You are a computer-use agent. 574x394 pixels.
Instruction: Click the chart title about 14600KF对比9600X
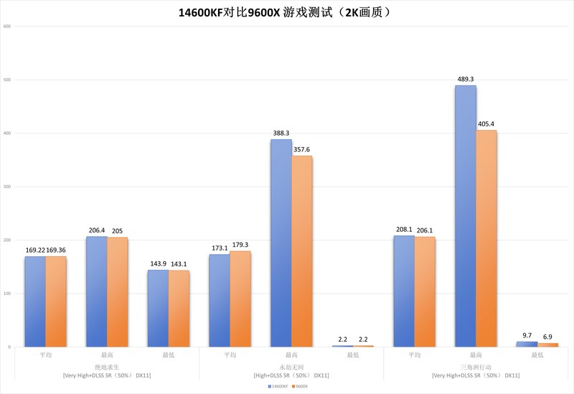pos(286,12)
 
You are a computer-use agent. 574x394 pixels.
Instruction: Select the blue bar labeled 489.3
pos(465,215)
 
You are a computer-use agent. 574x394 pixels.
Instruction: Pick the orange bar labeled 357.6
pos(301,251)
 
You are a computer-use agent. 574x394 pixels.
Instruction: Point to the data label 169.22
pos(35,250)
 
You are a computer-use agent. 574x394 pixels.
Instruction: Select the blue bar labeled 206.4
pos(96,291)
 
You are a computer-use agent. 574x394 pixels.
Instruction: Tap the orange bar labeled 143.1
pos(179,309)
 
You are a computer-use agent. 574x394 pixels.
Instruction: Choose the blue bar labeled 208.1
pos(404,291)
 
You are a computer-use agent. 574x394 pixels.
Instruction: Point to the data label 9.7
pos(526,336)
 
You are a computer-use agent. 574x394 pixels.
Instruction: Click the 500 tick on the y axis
pos(7,80)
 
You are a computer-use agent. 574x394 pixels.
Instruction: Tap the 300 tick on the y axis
pos(7,187)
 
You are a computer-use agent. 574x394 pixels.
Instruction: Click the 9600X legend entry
pos(301,386)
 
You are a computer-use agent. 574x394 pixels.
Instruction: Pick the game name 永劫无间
pos(291,366)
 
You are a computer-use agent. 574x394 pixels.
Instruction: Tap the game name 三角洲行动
pos(475,366)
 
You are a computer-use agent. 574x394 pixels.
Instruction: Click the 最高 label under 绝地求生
pos(107,355)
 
